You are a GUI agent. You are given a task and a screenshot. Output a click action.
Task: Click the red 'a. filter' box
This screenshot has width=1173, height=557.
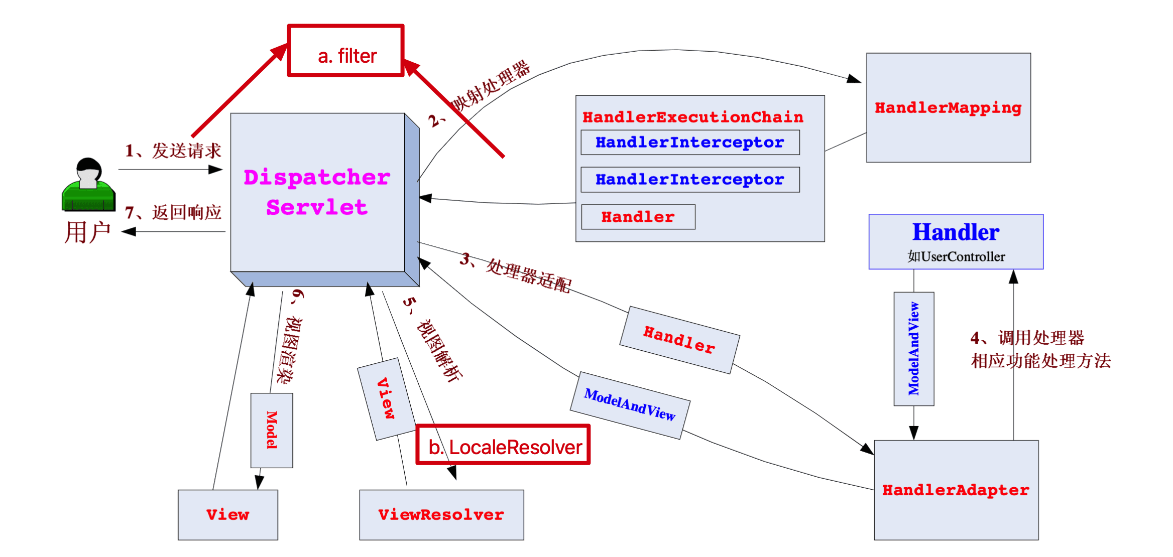tap(346, 51)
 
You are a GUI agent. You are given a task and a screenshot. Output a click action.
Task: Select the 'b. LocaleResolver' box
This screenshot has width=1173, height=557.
tap(503, 446)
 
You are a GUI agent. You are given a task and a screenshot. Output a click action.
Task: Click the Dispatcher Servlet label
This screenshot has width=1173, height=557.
tap(317, 192)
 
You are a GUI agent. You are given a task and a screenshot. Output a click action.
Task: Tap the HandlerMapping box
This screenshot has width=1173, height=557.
tap(948, 108)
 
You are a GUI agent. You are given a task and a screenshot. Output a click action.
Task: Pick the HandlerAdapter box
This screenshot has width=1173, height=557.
tap(956, 490)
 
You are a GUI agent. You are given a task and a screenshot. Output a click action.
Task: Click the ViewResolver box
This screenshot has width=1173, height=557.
tap(441, 515)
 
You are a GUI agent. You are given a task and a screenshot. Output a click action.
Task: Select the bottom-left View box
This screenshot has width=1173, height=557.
tap(228, 515)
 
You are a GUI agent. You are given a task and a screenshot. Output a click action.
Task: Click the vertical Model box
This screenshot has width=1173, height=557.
tap(272, 430)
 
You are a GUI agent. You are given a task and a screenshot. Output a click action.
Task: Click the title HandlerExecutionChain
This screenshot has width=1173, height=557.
tap(692, 117)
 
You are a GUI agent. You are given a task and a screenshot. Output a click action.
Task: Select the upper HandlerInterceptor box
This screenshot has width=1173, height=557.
tap(690, 143)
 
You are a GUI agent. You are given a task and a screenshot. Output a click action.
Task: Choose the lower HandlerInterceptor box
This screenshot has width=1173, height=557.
tap(690, 180)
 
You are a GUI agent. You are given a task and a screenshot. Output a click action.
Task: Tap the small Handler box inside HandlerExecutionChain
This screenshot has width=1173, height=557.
tap(638, 217)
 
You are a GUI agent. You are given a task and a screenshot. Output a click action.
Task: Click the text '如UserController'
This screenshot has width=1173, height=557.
tap(956, 257)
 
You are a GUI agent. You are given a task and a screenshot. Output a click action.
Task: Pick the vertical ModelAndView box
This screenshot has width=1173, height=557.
tap(914, 349)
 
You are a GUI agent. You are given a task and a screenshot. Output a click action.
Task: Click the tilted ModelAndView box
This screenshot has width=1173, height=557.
tap(630, 405)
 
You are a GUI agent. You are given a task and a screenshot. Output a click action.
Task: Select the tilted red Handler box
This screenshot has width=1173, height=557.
tap(679, 340)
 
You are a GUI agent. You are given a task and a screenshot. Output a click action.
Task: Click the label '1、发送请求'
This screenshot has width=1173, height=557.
tap(173, 151)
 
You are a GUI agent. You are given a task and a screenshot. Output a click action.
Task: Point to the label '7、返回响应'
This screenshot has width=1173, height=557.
tap(173, 212)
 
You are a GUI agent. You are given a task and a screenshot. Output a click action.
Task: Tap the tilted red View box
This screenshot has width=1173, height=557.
tap(386, 398)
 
